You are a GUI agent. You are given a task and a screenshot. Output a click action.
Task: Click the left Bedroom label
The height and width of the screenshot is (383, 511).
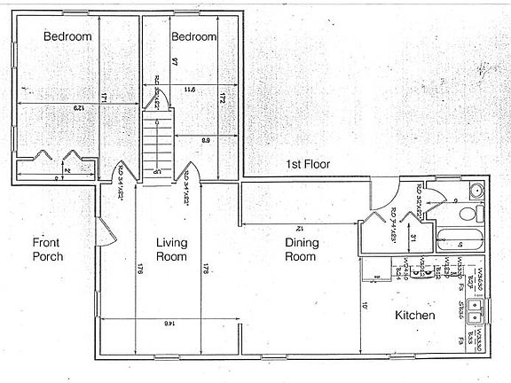click(68, 36)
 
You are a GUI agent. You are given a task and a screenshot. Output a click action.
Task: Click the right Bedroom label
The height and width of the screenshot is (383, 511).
click(194, 36)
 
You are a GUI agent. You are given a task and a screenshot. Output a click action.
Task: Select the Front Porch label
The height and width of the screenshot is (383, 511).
click(48, 250)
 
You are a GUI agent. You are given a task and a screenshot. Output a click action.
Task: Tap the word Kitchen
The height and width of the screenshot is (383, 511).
click(414, 316)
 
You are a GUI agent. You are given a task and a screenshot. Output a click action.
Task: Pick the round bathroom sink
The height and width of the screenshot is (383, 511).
click(476, 191)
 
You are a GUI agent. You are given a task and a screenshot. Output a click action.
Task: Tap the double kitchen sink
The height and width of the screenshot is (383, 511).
click(477, 311)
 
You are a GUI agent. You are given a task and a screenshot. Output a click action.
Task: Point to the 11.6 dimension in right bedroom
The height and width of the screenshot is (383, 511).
click(189, 89)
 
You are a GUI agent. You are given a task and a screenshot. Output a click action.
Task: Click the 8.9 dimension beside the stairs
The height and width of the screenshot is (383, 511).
click(205, 139)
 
